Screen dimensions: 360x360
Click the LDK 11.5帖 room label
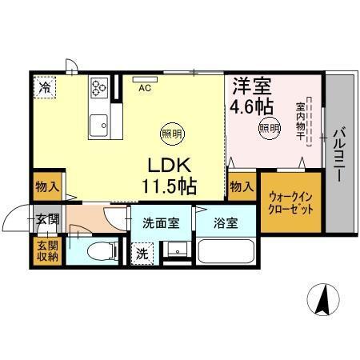(170, 174)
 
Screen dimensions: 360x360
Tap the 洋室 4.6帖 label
(251, 94)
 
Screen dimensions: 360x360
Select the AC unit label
(146, 88)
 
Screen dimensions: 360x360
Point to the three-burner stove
(100, 86)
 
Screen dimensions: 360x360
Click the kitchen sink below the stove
(100, 125)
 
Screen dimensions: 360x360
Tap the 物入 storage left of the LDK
(47, 187)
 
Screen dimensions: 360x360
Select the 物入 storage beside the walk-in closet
(241, 186)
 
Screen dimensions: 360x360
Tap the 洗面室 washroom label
(162, 223)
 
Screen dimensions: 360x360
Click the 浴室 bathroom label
(226, 223)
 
